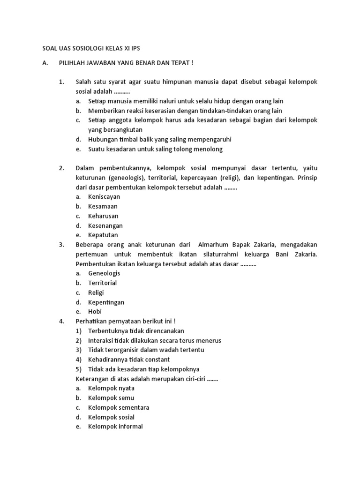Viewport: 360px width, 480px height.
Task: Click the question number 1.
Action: (61, 82)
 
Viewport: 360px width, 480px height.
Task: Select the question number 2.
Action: (61, 168)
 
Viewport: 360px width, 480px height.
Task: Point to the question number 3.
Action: (61, 245)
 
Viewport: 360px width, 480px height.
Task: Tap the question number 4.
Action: (61, 321)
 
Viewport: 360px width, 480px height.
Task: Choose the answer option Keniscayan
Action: (104, 197)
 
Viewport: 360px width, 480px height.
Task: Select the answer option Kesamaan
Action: (103, 206)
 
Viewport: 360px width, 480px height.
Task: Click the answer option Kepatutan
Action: (103, 235)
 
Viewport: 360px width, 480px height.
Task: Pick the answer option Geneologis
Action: (104, 273)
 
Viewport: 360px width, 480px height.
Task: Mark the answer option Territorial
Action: (102, 283)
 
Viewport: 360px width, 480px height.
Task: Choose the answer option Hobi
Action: (95, 311)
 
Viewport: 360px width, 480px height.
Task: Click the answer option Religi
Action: (96, 292)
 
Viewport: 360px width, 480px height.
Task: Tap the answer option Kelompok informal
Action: (115, 426)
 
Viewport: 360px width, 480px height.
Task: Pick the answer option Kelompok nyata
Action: (111, 388)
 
